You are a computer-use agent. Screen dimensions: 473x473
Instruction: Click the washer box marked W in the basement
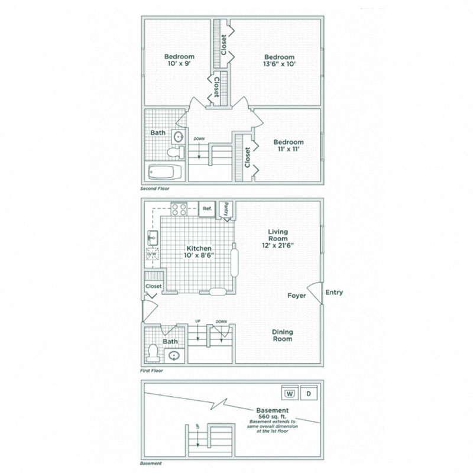point(290,393)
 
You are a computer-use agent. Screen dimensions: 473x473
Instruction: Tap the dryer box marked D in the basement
point(308,393)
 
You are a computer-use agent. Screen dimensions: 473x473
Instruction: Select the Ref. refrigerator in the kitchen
point(207,209)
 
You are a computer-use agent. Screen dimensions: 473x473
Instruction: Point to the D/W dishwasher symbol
point(152,255)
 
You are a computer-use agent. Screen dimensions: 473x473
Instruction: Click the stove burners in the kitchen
point(180,209)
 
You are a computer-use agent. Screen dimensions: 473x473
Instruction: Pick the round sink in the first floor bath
point(174,356)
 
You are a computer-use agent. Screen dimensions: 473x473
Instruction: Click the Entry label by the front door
point(333,292)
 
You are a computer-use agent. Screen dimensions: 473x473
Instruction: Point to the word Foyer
point(297,296)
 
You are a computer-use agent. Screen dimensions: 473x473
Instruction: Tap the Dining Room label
point(283,336)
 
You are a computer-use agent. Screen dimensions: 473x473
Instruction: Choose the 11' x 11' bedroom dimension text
point(289,150)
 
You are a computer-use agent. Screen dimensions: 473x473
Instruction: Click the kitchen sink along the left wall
point(151,238)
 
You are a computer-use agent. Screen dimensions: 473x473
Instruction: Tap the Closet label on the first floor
point(154,286)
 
